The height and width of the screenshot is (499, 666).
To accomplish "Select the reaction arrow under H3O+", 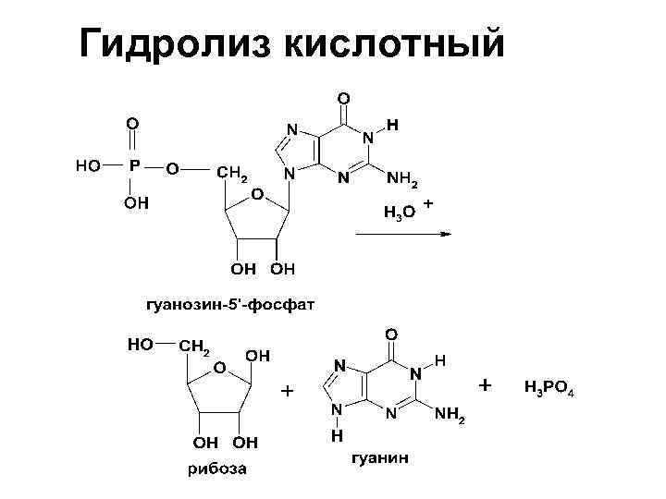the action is tap(402, 234).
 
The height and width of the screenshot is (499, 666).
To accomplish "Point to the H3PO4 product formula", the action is tap(549, 386).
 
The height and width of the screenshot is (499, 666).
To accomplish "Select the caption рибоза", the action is tap(217, 469).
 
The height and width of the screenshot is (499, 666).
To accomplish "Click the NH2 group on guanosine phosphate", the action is tap(401, 179).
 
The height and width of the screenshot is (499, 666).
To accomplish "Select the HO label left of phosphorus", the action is tap(89, 167).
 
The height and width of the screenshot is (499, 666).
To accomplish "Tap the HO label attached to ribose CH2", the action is tap(142, 345).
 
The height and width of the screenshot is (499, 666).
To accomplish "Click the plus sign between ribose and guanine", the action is tap(288, 392).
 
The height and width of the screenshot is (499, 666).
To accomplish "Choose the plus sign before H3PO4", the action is tap(487, 383).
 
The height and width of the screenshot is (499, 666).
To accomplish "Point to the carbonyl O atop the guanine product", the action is tap(392, 333).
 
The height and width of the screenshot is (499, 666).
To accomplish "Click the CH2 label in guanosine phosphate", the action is tap(232, 173).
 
